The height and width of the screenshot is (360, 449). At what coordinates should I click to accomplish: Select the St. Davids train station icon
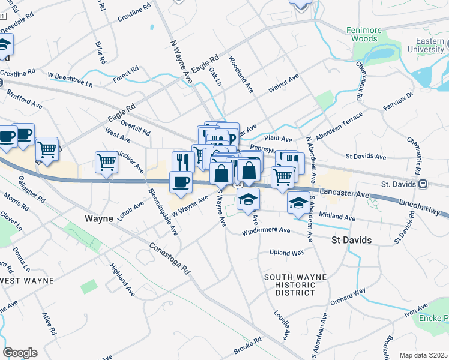pyautogui.click(x=423, y=184)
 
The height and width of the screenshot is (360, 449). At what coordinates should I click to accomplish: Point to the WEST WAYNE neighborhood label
pyautogui.click(x=26, y=280)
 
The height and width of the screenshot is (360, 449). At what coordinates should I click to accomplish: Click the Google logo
pyautogui.click(x=20, y=353)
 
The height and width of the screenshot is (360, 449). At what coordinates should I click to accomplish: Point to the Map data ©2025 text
pyautogui.click(x=423, y=355)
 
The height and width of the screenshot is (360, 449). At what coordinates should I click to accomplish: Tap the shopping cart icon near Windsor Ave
pyautogui.click(x=106, y=162)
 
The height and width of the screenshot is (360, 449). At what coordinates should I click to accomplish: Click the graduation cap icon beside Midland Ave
pyautogui.click(x=298, y=203)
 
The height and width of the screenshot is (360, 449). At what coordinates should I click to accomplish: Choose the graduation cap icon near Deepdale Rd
pyautogui.click(x=4, y=44)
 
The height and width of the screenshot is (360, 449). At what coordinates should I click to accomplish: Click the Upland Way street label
pyautogui.click(x=286, y=253)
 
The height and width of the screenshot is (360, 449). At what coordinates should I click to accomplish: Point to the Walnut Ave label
pyautogui.click(x=283, y=84)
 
